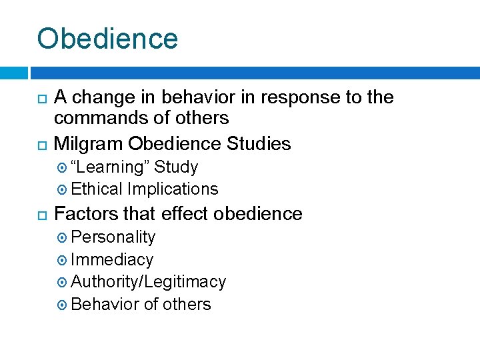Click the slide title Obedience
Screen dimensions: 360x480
click(107, 39)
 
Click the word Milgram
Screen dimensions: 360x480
click(88, 143)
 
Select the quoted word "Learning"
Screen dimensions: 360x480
click(109, 167)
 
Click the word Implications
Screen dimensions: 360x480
click(173, 189)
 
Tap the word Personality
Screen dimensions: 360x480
click(113, 237)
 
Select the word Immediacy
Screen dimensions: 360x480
click(111, 260)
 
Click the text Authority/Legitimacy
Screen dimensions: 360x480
click(148, 282)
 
